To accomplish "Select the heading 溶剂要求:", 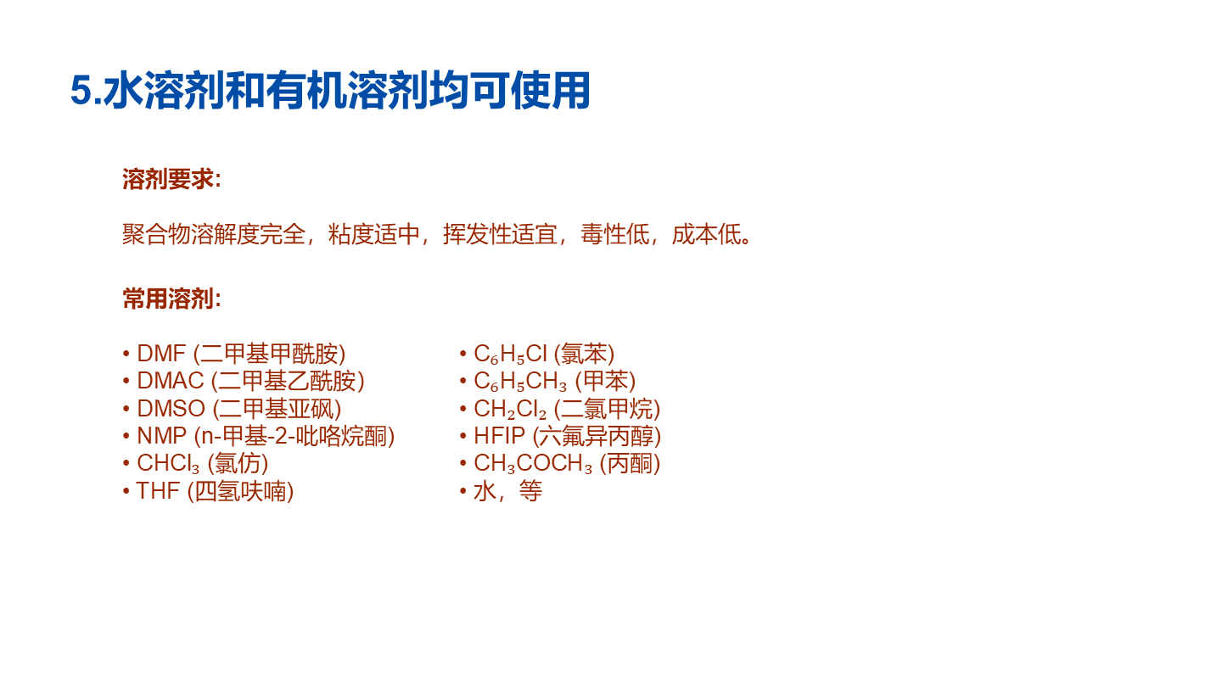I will coord(171,179).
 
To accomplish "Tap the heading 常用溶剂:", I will coord(171,299).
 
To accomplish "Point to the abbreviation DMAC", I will coord(171,381).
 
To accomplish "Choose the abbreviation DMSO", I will coord(171,409).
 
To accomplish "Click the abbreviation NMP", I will coord(161,436).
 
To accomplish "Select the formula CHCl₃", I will coord(168,464).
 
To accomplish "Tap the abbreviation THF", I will coord(158,491).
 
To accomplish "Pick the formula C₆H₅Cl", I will coord(510,355).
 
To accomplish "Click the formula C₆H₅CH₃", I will coord(520,382).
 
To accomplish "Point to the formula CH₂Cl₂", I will coord(510,410).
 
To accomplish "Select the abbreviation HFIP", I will coord(499,436).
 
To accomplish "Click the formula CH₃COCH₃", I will coord(533,464).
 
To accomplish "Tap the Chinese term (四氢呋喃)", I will coord(240,491).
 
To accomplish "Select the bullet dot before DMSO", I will coord(126,409).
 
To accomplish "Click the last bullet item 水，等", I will coord(507,491).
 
